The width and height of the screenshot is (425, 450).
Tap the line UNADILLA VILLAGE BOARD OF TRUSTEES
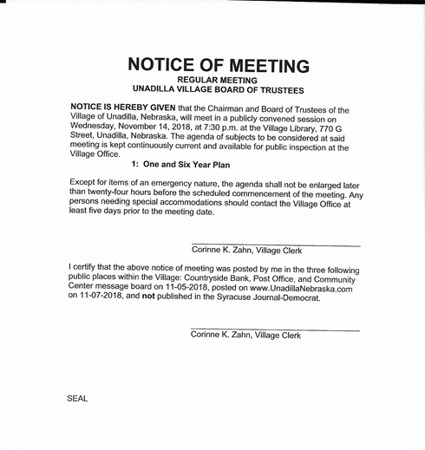point(218,89)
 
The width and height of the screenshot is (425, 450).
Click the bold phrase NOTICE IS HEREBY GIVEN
point(124,108)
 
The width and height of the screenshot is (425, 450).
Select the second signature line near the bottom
point(275,329)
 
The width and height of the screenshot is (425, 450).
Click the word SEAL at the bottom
point(79,400)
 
